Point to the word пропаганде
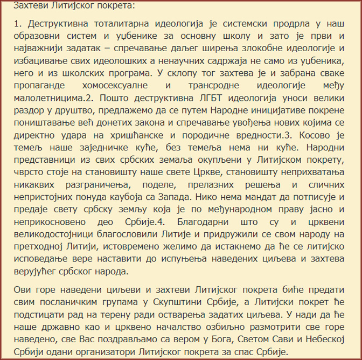tap(39, 85)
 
